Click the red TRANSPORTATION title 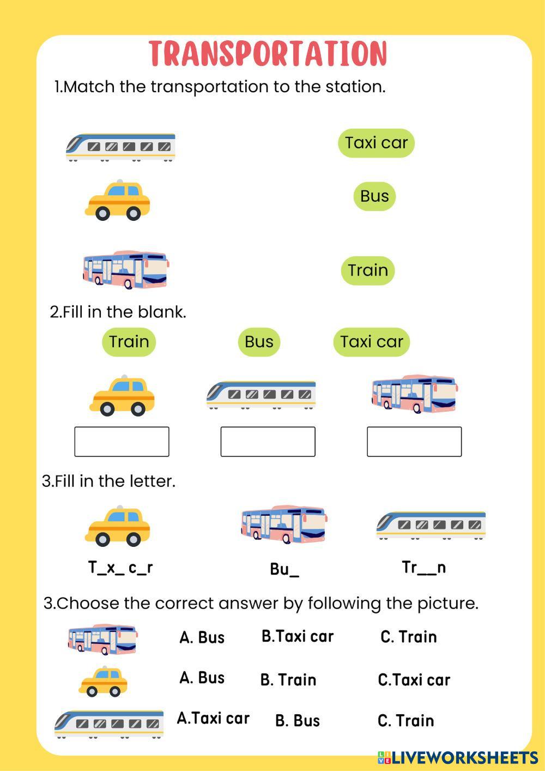coord(268,53)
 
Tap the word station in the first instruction coord(354,87)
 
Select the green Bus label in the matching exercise coord(374,196)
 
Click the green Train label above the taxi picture coord(129,342)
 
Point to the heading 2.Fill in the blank coord(118,312)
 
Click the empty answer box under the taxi coord(122,442)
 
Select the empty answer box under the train coord(268,442)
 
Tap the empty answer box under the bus coord(414,442)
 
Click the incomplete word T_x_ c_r coord(120,568)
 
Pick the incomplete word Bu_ coord(284,569)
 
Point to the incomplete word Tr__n coord(424,568)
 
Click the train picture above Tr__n coord(431,525)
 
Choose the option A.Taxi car coord(213,718)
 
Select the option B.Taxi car coord(298,636)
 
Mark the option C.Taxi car coord(414,680)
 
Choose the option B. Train coord(288,680)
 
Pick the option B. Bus coord(298,721)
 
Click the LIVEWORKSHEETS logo coord(457,757)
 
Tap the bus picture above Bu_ coord(283,524)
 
